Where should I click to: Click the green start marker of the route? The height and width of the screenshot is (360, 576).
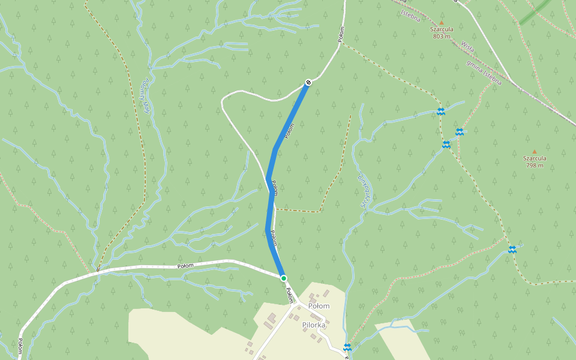pyautogui.click(x=284, y=278)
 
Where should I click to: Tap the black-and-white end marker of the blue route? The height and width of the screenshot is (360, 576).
pyautogui.click(x=308, y=82)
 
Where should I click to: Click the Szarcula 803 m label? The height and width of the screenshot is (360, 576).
pyautogui.click(x=441, y=32)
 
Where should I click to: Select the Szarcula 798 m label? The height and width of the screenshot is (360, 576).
pyautogui.click(x=534, y=161)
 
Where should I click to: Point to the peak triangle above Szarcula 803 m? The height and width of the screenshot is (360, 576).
pyautogui.click(x=442, y=22)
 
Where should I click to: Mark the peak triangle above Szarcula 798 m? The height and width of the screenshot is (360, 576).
pyautogui.click(x=534, y=152)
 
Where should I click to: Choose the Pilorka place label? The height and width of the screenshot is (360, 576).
pyautogui.click(x=314, y=325)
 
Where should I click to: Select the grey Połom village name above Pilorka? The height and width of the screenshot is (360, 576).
pyautogui.click(x=319, y=305)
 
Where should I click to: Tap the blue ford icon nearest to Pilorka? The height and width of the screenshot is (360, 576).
pyautogui.click(x=347, y=347)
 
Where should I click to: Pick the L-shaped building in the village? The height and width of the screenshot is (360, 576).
pyautogui.click(x=271, y=318)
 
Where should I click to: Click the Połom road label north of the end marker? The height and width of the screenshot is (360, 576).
pyautogui.click(x=341, y=34)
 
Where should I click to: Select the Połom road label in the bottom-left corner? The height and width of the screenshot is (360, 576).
pyautogui.click(x=20, y=346)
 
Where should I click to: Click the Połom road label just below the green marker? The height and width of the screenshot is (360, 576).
pyautogui.click(x=290, y=295)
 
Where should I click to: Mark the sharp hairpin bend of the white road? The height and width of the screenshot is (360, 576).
pyautogui.click(x=223, y=102)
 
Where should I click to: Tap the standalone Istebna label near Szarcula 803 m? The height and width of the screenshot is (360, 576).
pyautogui.click(x=410, y=16)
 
